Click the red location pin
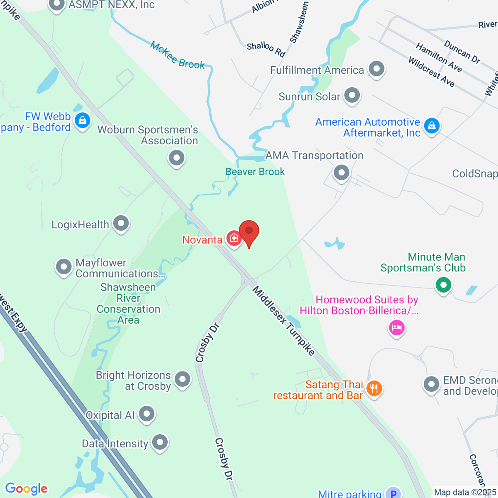(249, 231)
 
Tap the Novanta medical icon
(234, 239)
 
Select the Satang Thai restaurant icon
(374, 388)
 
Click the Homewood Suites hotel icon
(397, 328)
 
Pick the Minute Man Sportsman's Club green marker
(443, 285)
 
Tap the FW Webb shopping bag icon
(82, 121)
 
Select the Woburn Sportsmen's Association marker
(177, 158)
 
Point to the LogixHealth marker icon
(121, 224)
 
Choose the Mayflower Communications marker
(64, 267)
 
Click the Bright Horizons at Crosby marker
(182, 379)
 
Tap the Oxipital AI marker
(146, 414)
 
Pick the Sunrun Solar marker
(352, 95)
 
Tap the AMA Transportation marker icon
(342, 172)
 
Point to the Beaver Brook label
(255, 172)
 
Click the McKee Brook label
(178, 55)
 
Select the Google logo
(26, 489)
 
